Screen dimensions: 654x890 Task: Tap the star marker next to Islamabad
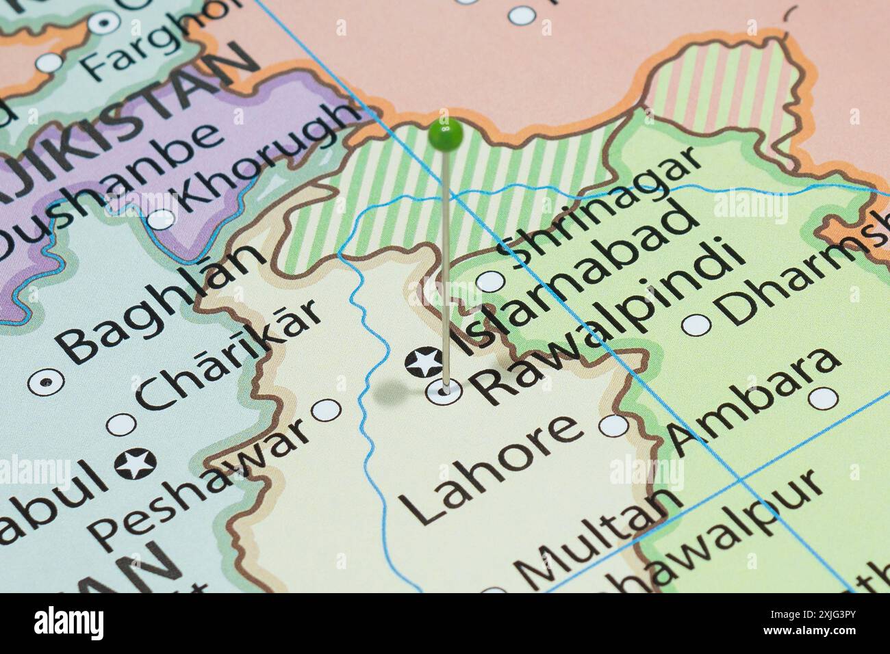click(422, 361)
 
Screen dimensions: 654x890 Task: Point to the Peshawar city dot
click(326, 410)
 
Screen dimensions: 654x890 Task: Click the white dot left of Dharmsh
click(698, 324)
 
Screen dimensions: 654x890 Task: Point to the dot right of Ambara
click(823, 397)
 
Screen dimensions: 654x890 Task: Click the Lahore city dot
click(613, 426)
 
